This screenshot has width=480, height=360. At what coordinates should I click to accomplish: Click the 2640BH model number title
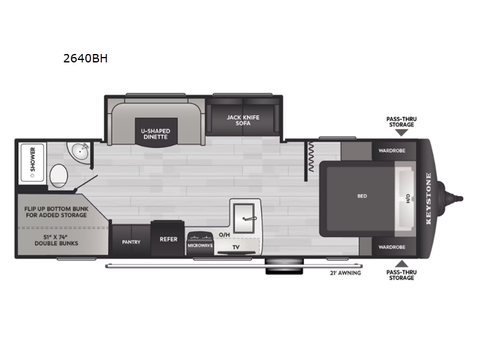(85, 58)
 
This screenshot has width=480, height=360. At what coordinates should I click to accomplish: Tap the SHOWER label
(33, 159)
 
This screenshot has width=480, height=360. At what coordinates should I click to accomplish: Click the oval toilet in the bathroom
(58, 175)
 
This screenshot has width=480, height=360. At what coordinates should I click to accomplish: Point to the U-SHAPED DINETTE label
(155, 134)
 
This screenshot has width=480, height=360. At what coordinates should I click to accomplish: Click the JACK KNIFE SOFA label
(243, 120)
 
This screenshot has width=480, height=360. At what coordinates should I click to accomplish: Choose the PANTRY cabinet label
(131, 242)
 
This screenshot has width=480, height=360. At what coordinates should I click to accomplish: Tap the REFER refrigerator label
(169, 239)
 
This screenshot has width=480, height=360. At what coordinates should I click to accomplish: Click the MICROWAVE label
(200, 245)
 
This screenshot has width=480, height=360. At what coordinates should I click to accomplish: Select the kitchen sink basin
(244, 218)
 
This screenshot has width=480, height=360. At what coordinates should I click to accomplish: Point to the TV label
(236, 247)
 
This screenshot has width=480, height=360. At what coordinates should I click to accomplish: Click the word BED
(362, 196)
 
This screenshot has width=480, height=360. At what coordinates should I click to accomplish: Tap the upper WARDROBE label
(392, 151)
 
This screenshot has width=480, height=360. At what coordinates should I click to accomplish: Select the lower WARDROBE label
(392, 247)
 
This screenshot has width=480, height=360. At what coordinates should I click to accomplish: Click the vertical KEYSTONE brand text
(428, 199)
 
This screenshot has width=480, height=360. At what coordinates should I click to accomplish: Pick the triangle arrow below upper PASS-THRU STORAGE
(401, 132)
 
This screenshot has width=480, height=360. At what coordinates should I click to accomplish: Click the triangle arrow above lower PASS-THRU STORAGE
(401, 264)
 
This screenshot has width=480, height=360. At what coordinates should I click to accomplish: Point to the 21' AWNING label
(346, 273)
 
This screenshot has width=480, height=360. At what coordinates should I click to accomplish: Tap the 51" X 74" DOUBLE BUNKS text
(56, 240)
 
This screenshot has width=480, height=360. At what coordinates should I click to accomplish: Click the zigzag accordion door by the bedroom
(311, 157)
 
